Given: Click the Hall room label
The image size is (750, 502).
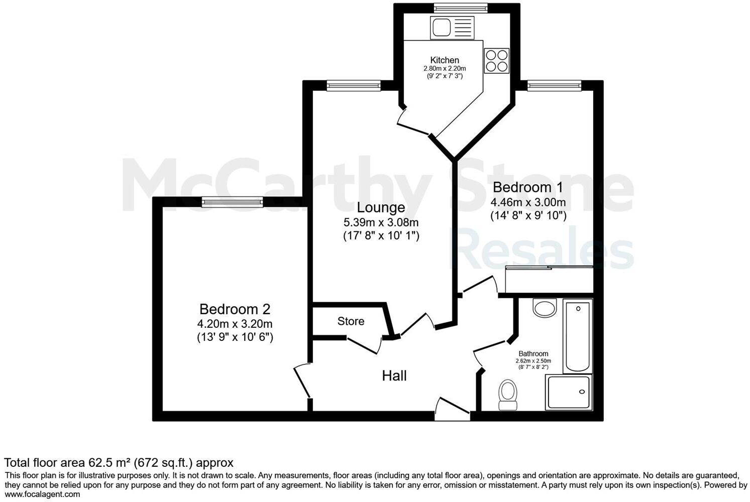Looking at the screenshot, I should (394, 375).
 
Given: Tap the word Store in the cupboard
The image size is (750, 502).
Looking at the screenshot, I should (351, 321).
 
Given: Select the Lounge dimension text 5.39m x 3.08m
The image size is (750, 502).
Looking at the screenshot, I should (381, 222).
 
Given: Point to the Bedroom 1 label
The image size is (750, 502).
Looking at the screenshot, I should (527, 187).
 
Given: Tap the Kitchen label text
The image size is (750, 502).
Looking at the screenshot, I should (444, 60).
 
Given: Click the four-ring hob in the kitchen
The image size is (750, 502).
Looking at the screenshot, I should (496, 61).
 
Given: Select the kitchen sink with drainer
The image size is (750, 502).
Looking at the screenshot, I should (452, 27).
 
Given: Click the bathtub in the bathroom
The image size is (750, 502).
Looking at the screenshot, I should (578, 335).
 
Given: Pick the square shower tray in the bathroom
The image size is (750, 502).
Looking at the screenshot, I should (569, 392).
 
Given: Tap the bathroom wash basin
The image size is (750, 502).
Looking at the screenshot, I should (545, 307).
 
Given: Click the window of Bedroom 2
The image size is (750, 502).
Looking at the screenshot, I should (232, 202).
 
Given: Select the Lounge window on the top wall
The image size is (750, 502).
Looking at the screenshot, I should (353, 86).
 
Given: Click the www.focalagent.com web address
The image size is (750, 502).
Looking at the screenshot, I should (42, 494).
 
